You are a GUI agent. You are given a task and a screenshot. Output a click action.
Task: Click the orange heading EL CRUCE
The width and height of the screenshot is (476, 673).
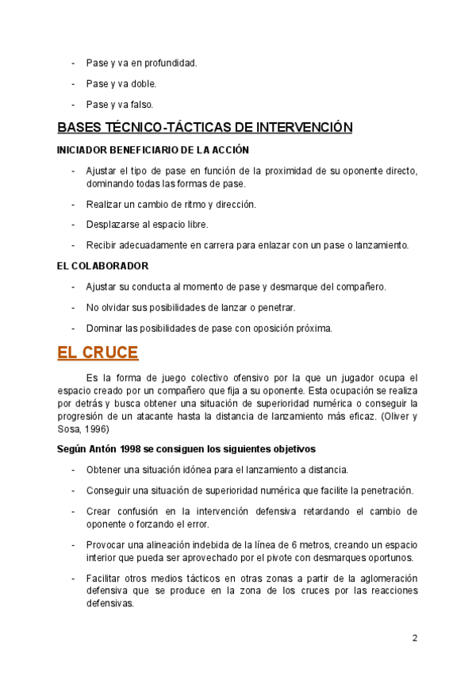tap(98, 352)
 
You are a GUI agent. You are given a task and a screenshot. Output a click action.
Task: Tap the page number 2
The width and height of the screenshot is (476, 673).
tap(414, 638)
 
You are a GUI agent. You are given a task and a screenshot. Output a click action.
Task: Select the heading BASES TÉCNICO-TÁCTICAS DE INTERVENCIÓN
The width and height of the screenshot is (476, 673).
tap(205, 127)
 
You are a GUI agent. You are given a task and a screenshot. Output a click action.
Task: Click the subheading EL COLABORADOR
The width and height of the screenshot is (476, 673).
tap(103, 266)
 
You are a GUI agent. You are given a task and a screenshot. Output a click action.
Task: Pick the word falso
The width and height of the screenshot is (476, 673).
tap(143, 104)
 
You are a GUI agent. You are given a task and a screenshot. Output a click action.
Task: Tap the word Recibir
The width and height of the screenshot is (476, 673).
tap(102, 245)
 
